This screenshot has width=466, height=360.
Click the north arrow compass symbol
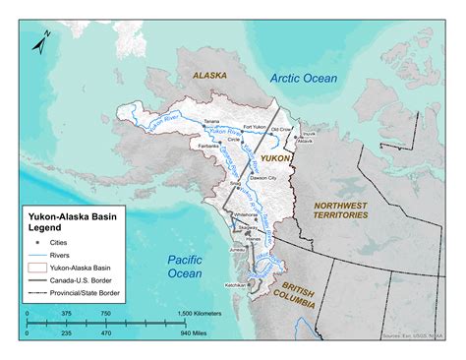click(x=41, y=42)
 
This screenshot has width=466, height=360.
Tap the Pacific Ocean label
click(x=184, y=267)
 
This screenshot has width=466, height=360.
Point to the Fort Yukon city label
click(x=257, y=127)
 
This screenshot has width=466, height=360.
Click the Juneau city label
click(x=236, y=249)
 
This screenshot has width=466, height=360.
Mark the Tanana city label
click(x=211, y=121)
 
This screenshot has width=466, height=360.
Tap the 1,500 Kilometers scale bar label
click(x=200, y=314)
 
